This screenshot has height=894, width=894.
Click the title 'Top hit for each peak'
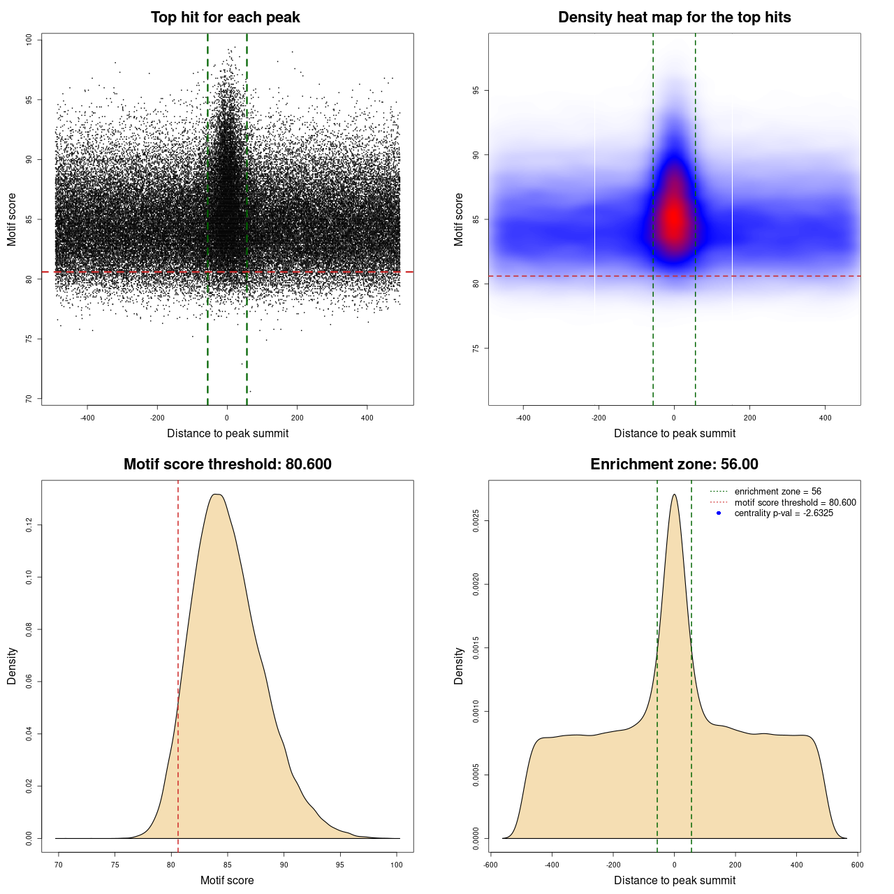tap(225, 17)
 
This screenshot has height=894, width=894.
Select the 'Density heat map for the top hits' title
tap(674, 17)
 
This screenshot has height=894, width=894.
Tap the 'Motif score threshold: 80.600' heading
tap(227, 464)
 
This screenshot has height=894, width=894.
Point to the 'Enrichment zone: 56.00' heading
tap(674, 464)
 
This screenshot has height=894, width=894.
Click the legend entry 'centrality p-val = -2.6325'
tap(784, 513)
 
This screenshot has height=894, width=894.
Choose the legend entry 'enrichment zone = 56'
tap(777, 492)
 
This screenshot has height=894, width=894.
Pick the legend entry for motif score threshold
tap(795, 502)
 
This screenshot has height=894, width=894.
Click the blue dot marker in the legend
tap(719, 513)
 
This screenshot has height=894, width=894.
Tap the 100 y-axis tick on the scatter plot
tap(29, 40)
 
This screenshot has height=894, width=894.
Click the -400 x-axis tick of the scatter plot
tap(87, 418)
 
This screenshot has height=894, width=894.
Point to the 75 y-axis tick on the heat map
tap(476, 348)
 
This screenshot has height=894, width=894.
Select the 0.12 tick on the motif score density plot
tap(29, 525)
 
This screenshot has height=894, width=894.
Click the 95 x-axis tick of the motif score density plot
tap(340, 865)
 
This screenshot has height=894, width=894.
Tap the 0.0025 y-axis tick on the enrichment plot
tap(476, 521)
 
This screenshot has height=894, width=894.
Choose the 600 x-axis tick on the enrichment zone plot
tap(858, 865)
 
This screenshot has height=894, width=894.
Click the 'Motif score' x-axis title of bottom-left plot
tap(227, 880)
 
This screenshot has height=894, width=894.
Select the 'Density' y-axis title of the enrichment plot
tap(459, 666)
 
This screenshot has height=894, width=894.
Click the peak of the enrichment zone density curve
tap(674, 495)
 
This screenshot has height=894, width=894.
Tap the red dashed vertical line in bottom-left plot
tap(178, 629)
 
